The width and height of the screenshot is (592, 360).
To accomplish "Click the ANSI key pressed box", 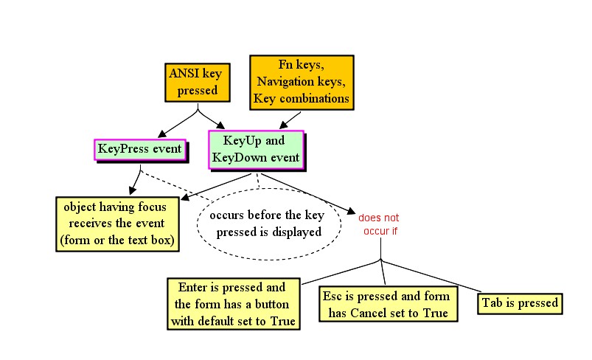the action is pyautogui.click(x=198, y=83).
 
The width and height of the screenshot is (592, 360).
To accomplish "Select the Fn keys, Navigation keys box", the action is pyautogui.click(x=302, y=83).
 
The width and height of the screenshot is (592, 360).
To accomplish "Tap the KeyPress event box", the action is pyautogui.click(x=140, y=150).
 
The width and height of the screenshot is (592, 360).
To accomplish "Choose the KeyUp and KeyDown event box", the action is pyautogui.click(x=257, y=150).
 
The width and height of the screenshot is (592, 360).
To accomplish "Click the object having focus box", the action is pyautogui.click(x=117, y=224).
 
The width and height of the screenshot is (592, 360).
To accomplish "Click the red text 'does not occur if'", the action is pyautogui.click(x=379, y=224).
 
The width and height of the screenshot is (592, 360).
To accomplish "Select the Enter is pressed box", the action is pyautogui.click(x=234, y=304).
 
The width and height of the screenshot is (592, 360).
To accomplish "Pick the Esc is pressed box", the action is pyautogui.click(x=389, y=304).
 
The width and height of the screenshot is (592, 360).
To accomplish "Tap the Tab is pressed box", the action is pyautogui.click(x=520, y=303).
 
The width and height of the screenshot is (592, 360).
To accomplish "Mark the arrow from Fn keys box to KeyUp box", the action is pyautogui.click(x=290, y=120).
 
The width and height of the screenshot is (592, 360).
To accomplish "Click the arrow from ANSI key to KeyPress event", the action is pyautogui.click(x=178, y=123).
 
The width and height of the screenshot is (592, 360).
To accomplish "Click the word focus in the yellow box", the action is pyautogui.click(x=152, y=207).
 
